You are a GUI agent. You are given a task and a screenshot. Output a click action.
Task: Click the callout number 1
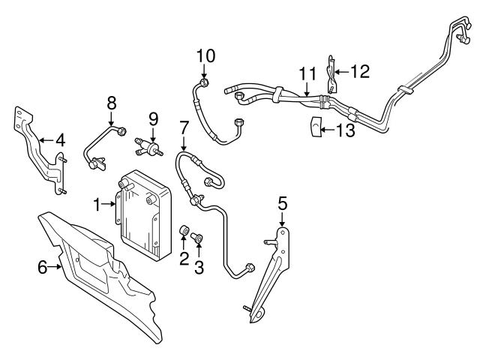(97, 203)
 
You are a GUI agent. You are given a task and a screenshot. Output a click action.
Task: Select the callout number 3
(199, 267)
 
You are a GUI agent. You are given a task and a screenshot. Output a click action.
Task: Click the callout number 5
(282, 202)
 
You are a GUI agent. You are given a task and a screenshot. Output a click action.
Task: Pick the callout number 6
(43, 265)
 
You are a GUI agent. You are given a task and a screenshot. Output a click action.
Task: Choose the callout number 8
(112, 103)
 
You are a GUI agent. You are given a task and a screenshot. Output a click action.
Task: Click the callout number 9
(153, 118)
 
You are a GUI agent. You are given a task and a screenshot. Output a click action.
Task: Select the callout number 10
(205, 55)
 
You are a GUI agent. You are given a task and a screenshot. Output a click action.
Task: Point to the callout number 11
(307, 74)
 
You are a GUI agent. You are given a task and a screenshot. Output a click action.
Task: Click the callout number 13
(345, 130)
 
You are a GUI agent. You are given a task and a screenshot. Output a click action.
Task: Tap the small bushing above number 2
(184, 229)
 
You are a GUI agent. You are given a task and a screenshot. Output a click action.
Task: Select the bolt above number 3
(197, 238)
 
